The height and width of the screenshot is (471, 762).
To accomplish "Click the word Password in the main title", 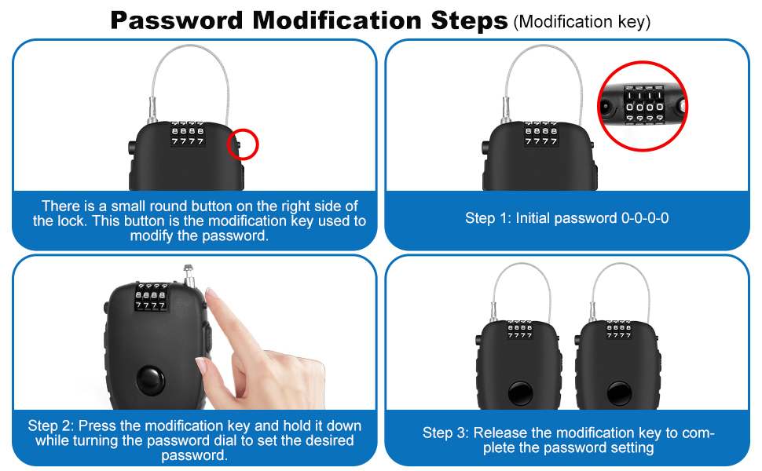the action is coord(177,20).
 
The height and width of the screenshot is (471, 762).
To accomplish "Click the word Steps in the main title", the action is coord(469,20).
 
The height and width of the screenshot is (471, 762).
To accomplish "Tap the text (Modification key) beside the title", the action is coord(581,22).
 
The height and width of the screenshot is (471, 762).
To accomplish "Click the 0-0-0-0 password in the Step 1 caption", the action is coord(645,218).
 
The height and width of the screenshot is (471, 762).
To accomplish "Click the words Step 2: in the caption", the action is coord(50,425).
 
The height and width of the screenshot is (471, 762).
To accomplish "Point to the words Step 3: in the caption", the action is coord(445,433).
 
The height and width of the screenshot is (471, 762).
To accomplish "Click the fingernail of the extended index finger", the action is coord(211,293).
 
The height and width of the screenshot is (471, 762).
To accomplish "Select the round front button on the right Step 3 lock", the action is coord(619,392).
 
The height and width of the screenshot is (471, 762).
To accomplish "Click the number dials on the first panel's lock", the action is coord(188,134).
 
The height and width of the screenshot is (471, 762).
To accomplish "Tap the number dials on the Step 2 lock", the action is coord(151,297).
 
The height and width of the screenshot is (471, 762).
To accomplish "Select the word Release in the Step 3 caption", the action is coord(500,433).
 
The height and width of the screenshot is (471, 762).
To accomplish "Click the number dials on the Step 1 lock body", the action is coord(541,134).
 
